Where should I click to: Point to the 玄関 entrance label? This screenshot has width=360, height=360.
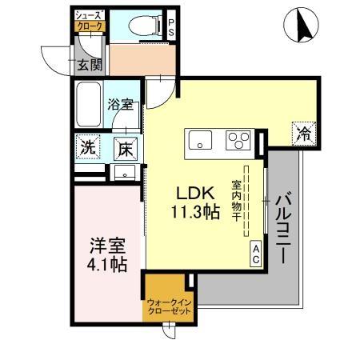pyautogui.click(x=89, y=65)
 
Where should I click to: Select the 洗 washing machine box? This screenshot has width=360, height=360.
pyautogui.click(x=88, y=147)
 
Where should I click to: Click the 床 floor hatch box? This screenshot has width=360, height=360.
pyautogui.click(x=125, y=148)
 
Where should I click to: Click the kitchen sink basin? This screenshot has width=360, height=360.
pyautogui.click(x=198, y=140)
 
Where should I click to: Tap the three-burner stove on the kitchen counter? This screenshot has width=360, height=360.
pyautogui.click(x=238, y=140)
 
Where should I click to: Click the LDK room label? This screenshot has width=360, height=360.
pyautogui.click(x=195, y=194)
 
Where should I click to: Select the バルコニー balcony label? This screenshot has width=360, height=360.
pyautogui.click(x=284, y=225)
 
